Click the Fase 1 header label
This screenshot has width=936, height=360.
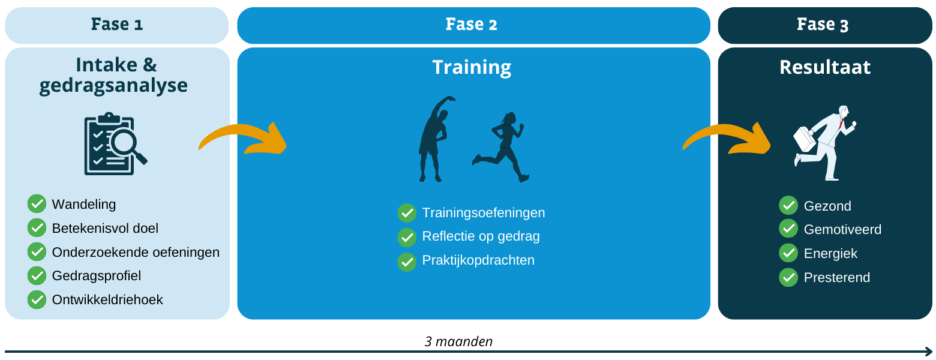pyautogui.click(x=117, y=24)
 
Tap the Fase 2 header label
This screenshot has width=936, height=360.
pyautogui.click(x=472, y=24)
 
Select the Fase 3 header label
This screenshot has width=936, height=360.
pyautogui.click(x=823, y=24)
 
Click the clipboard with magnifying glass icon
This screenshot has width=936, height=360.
pyautogui.click(x=116, y=143)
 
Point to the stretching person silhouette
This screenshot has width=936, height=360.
pyautogui.click(x=434, y=139)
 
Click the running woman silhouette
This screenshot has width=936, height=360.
pyautogui.click(x=500, y=147)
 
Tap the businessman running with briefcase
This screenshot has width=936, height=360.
pyautogui.click(x=824, y=143)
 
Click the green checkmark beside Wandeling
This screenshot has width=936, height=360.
pyautogui.click(x=37, y=204)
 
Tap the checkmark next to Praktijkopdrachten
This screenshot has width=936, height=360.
pyautogui.click(x=407, y=262)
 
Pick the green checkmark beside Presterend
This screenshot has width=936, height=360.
pyautogui.click(x=788, y=278)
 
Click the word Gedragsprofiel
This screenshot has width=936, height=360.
pyautogui.click(x=96, y=276)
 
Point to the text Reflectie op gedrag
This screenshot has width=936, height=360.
pyautogui.click(x=481, y=236)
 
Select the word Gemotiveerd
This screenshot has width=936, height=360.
pyautogui.click(x=842, y=229)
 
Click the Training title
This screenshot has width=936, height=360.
pyautogui.click(x=472, y=67)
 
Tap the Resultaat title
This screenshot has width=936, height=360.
pyautogui.click(x=825, y=67)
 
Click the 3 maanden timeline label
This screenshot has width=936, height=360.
pyautogui.click(x=458, y=341)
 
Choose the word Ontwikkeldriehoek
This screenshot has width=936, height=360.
pyautogui.click(x=107, y=300)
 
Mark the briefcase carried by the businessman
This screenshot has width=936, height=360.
pyautogui.click(x=805, y=139)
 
